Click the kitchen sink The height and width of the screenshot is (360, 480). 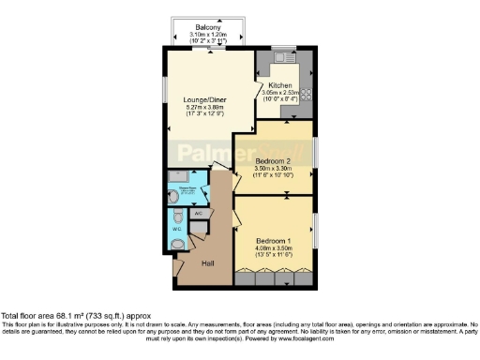click(280, 56)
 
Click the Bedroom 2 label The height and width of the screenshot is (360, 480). click(274, 160)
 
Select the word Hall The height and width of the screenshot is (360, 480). click(207, 263)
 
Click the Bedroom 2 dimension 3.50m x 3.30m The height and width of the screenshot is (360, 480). click(274, 169)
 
